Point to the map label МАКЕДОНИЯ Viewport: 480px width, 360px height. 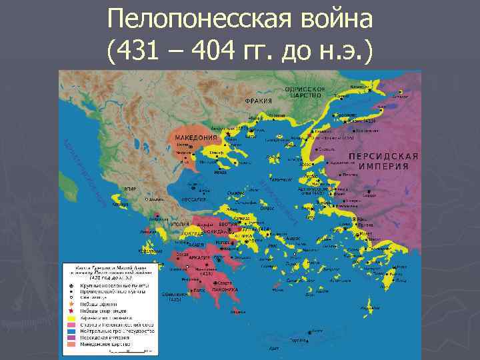(x=196, y=137)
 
